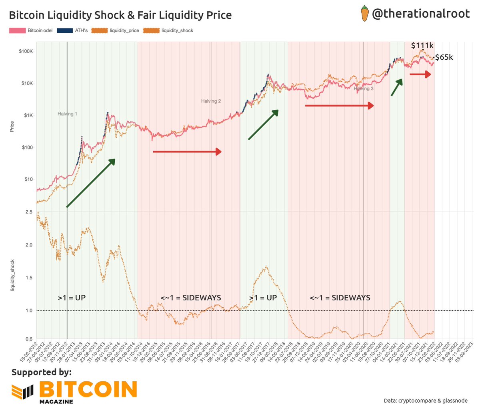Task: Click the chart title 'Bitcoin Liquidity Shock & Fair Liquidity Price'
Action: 120,16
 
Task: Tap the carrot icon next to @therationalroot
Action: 364,14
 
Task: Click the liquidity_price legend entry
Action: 116,30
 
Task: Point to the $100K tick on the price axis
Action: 26,52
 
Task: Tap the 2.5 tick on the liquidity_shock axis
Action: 29,212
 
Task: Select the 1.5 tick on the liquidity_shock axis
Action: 29,278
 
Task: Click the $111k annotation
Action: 422,46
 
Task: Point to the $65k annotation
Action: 444,57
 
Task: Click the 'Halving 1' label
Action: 67,114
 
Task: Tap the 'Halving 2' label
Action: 211,101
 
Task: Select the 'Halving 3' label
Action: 363,89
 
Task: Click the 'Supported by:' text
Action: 42,372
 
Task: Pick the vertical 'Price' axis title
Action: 12,127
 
